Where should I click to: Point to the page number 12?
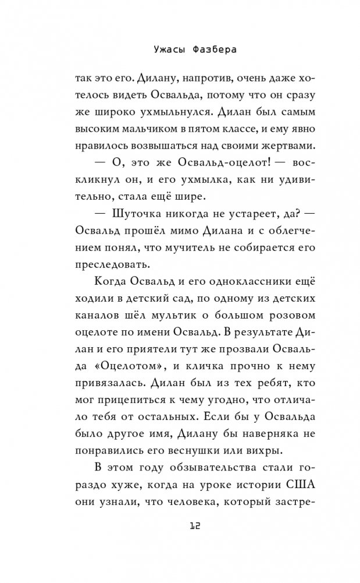(x=180, y=527)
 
